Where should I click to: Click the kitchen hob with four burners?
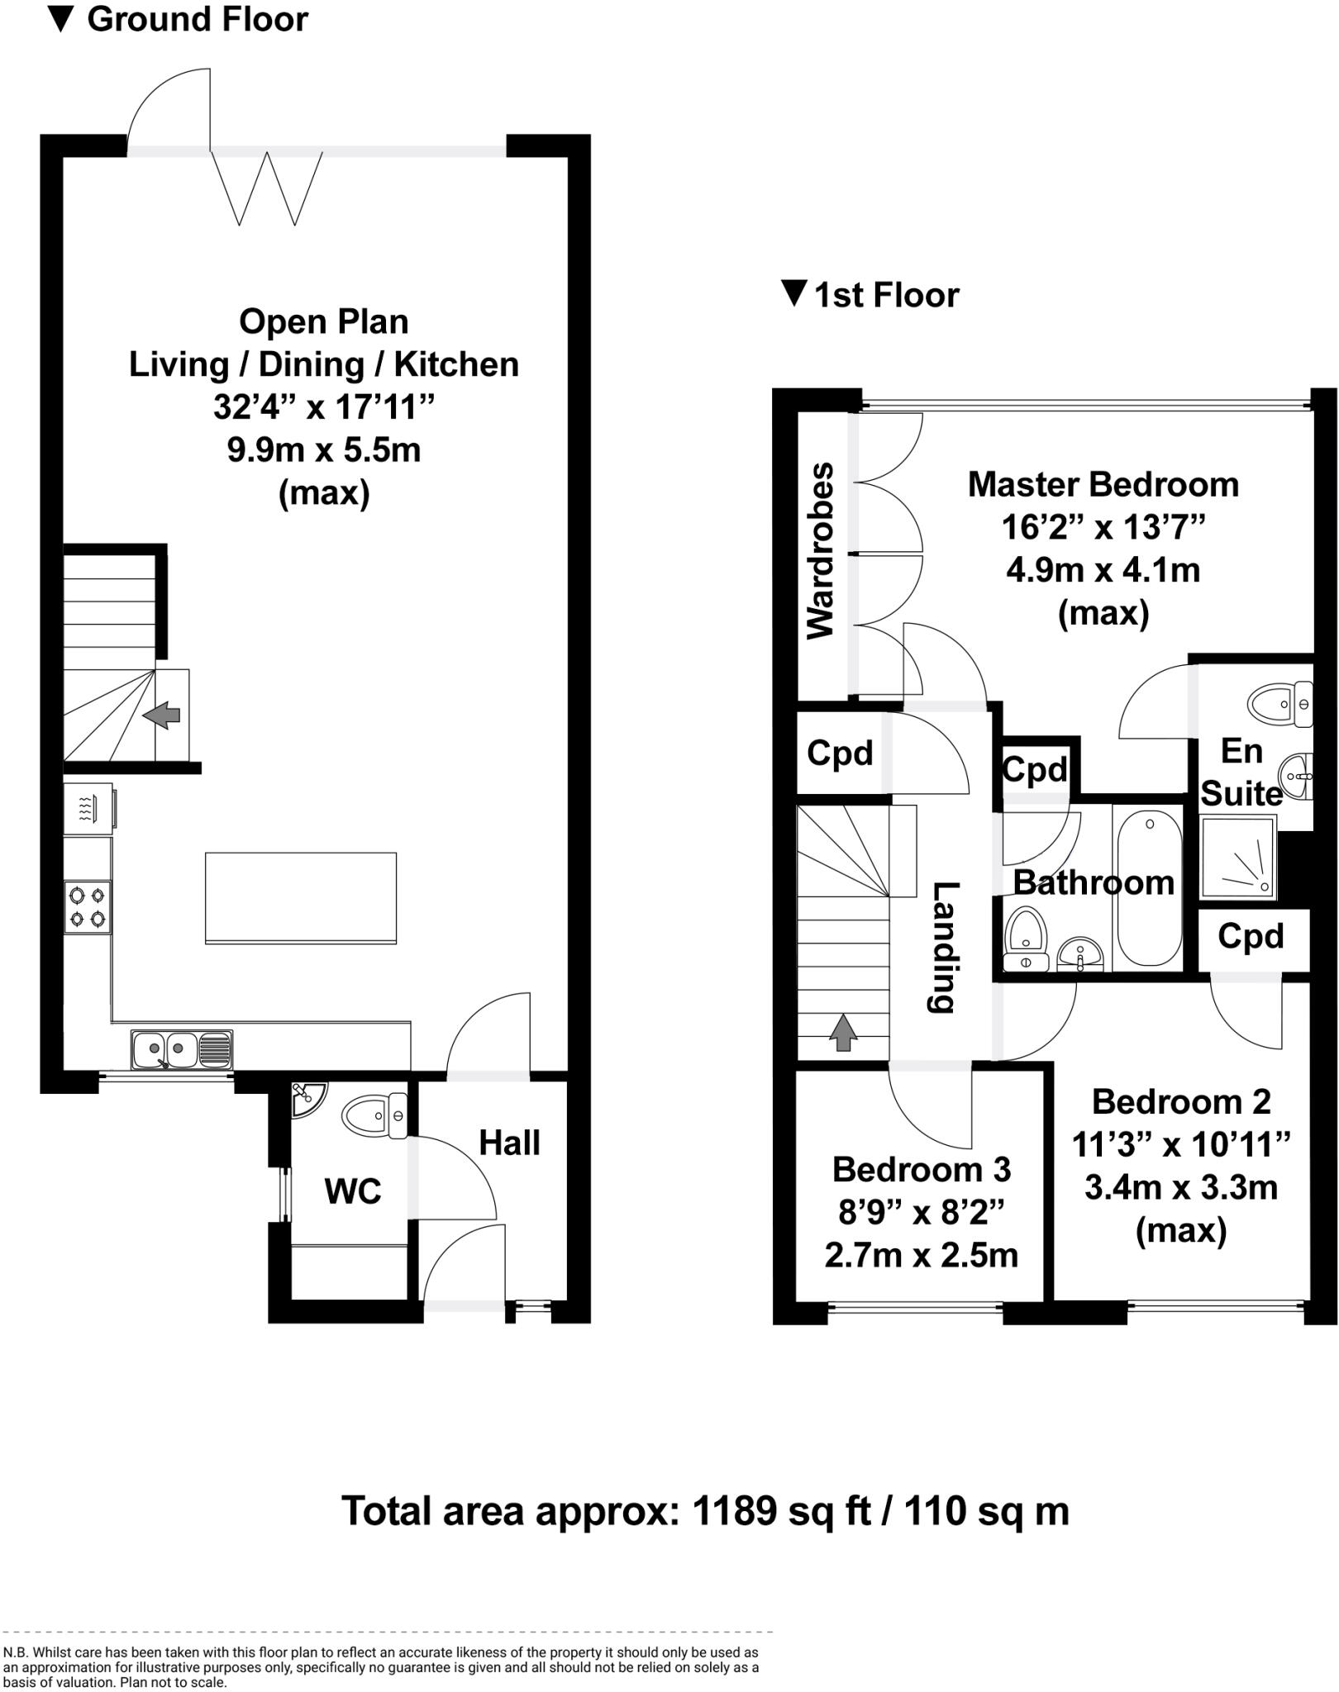(88, 906)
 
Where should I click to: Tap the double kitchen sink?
(182, 1049)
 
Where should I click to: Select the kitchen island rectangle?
(301, 898)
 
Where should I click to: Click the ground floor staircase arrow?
(162, 715)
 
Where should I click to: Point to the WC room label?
(353, 1191)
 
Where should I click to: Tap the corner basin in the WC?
(307, 1097)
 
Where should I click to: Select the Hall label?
(509, 1143)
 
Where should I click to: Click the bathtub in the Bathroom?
(1149, 888)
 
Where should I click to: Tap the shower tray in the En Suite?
(1237, 857)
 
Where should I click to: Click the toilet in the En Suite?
(1278, 705)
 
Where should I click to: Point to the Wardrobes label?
(821, 550)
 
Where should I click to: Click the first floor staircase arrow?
(843, 1032)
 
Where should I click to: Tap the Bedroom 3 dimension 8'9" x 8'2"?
(921, 1212)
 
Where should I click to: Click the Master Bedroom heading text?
(1103, 484)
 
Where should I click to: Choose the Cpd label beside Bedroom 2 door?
(1251, 936)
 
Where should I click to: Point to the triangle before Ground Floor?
(61, 19)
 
